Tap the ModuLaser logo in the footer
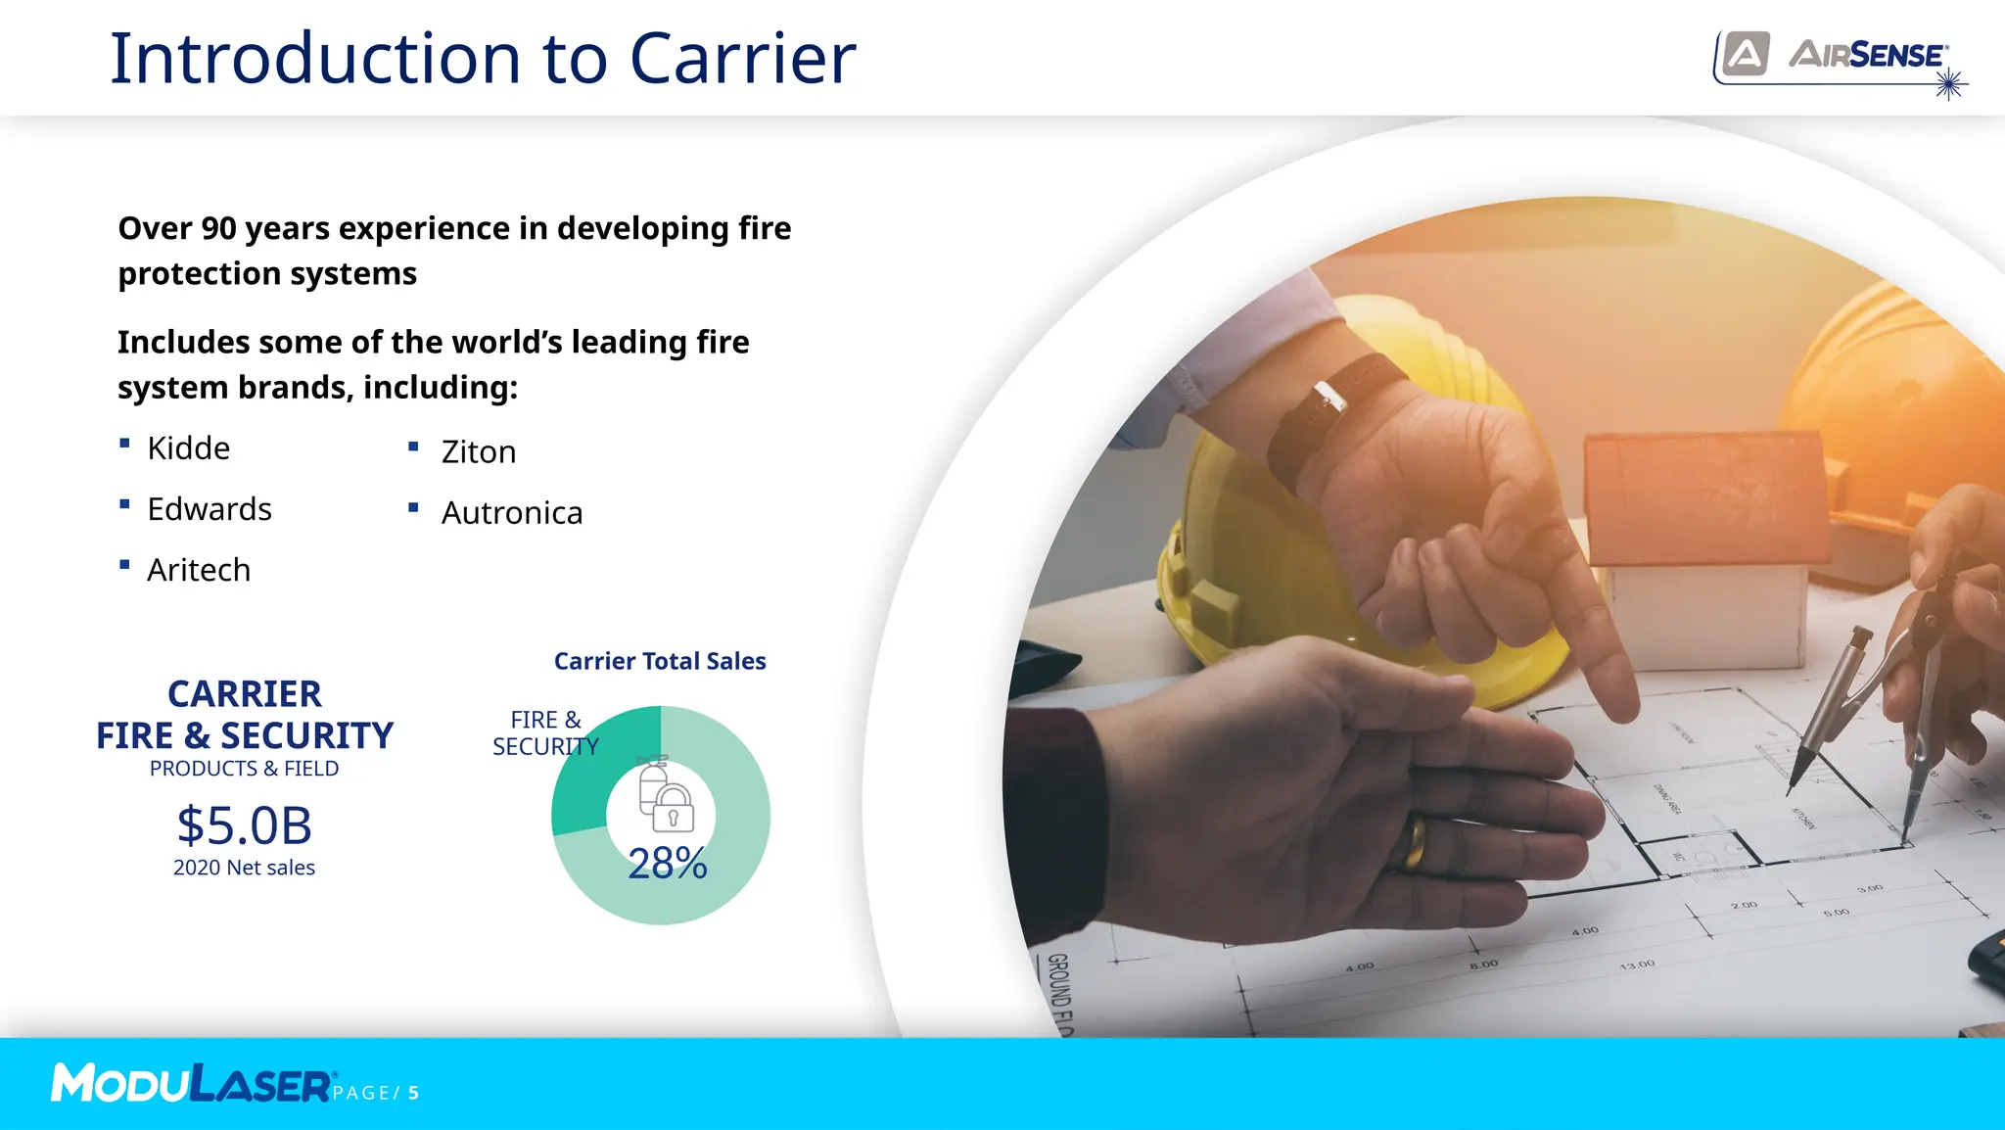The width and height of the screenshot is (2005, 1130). coord(192,1084)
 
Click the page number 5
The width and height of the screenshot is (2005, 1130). coord(414,1093)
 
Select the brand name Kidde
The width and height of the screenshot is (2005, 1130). coord(188,448)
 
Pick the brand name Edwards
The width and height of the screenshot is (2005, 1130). coord(209,509)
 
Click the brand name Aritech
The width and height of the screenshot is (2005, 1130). coord(199,570)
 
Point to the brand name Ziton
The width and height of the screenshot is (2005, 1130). coord(478,452)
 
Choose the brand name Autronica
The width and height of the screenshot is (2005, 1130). coord(511,513)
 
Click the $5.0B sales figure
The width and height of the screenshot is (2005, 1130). coord(244,825)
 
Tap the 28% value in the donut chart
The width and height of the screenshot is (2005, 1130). coord(667,864)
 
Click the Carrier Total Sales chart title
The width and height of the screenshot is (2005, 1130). coord(660,661)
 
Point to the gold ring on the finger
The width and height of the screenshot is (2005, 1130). coord(1414,843)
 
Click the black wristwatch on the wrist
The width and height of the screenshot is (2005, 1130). coord(1331,411)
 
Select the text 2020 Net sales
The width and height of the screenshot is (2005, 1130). coord(244,868)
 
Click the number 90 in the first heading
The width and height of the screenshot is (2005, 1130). coord(217,228)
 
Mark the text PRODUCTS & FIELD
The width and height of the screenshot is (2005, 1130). coord(244,769)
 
